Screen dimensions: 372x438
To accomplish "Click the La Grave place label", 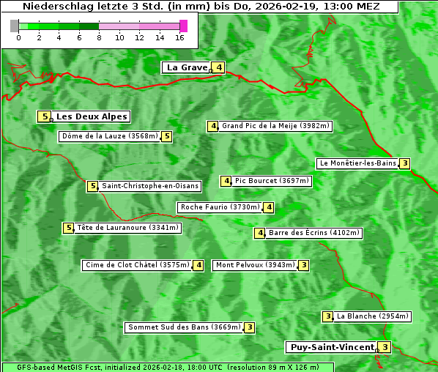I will pos(187,67).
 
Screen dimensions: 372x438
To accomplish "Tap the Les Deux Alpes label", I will pos(92,116).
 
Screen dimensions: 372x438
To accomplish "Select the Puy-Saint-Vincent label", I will pos(332,347).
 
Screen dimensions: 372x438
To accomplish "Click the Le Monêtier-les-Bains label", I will pos(357,163).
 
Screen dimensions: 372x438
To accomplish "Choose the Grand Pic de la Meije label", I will pos(276,126).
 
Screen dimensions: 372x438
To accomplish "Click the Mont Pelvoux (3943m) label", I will pos(255,265).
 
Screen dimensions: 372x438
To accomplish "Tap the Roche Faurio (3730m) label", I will pos(220,207).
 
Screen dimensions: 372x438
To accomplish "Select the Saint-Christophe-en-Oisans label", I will pos(149,186).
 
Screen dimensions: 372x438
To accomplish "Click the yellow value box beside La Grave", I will pos(219,67).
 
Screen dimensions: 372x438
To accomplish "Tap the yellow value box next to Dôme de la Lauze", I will pos(167,136).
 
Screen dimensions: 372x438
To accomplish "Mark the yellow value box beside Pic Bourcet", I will pos(226,181).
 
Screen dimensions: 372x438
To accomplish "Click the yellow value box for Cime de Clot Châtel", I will pos(198,265).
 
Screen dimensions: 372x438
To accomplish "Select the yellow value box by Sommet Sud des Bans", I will pos(250,327).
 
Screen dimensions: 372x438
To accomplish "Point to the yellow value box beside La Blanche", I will pos(327,316).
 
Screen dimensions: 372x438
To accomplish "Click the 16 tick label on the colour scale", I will pos(180,37).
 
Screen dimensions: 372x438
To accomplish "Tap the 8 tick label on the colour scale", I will pos(99,37).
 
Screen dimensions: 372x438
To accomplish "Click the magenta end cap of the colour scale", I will pos(183,26).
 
